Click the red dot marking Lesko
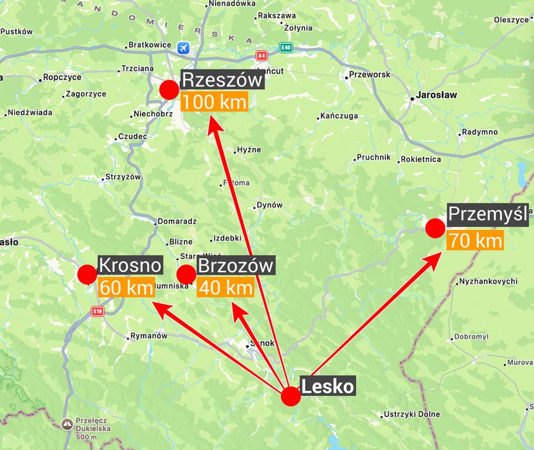pos(291,396)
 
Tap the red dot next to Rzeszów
pos(169,90)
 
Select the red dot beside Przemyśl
pos(435,228)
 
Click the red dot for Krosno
pos(86,275)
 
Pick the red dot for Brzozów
pos(186,275)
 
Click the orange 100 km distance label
pos(214,102)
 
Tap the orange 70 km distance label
pos(474,241)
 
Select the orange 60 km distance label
pos(127,287)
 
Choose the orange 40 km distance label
pos(226,287)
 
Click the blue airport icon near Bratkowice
pos(184,48)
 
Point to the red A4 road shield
pos(261,56)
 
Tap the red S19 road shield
pos(97,311)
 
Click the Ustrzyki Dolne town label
pos(412,414)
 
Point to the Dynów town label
pos(269,205)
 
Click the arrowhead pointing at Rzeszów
pos(212,123)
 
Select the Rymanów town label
pos(147,336)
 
